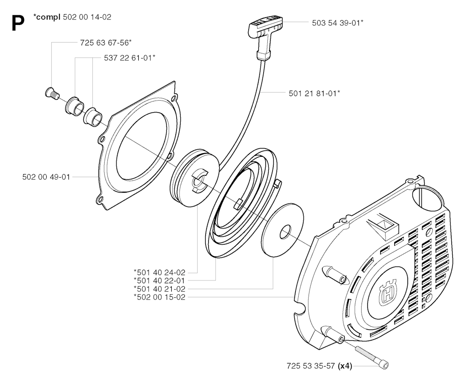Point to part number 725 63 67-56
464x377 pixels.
click(106, 43)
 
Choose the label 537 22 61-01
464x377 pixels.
click(130, 58)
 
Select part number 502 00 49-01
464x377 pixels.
click(46, 177)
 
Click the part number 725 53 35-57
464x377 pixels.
click(311, 366)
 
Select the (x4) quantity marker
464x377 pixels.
click(345, 366)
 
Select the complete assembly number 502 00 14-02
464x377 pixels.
click(87, 17)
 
